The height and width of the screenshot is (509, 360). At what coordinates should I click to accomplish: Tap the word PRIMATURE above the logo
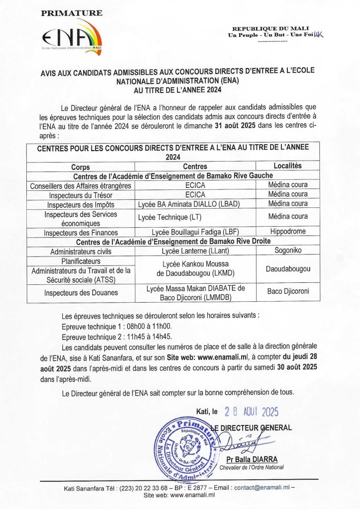(72, 13)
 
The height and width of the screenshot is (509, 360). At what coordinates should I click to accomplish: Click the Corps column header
(80, 167)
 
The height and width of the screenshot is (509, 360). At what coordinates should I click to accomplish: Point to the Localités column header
(287, 166)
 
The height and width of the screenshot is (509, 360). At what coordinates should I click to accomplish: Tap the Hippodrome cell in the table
(287, 232)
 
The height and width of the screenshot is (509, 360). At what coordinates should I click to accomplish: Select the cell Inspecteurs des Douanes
(81, 293)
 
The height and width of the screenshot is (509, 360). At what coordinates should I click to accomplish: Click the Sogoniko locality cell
(287, 251)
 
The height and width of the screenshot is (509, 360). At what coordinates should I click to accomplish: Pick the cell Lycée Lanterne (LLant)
(194, 252)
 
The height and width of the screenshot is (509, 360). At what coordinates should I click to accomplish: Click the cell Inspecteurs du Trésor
(81, 194)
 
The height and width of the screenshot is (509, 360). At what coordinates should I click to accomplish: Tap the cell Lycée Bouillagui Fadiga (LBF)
(194, 233)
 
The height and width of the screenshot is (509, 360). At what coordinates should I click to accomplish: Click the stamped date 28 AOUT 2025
(251, 412)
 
